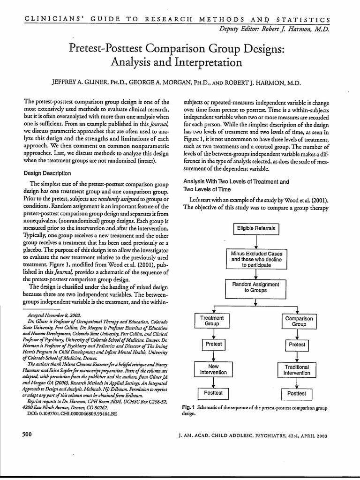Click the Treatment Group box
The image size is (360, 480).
pos(212,321)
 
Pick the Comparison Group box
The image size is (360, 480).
pos(299,321)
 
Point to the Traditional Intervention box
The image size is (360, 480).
pos(299,369)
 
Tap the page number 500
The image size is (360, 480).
pos(27,435)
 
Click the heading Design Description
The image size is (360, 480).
pos(49,173)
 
